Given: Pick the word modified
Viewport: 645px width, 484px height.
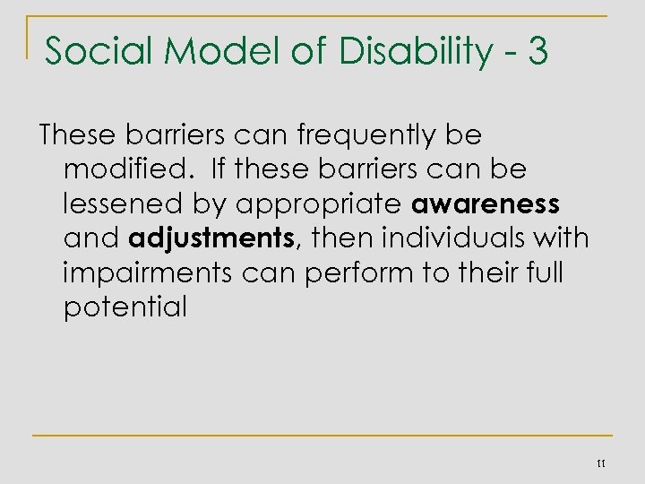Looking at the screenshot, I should coord(120,169).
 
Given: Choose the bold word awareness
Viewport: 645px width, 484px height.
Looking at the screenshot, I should coord(486,204).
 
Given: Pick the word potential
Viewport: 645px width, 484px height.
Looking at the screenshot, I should coord(125,307).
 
